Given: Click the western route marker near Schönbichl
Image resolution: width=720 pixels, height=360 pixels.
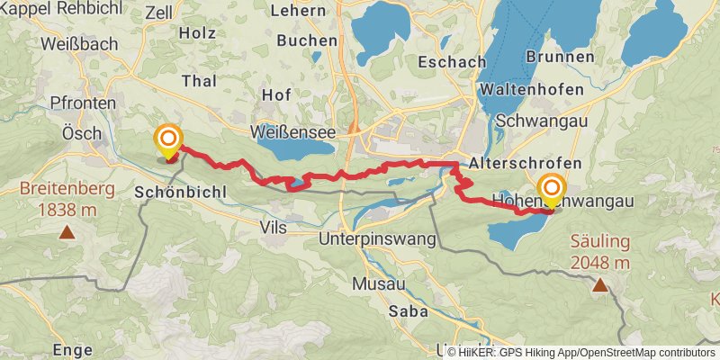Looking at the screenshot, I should coord(168,140).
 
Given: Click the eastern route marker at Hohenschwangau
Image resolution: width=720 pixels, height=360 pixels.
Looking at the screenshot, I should coord(550,190).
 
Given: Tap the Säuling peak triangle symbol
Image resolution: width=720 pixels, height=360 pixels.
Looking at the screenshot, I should coord(599,284).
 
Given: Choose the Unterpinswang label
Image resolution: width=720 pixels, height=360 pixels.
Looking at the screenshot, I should coord(377,239).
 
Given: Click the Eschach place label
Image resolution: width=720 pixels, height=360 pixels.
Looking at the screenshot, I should coord(453,62).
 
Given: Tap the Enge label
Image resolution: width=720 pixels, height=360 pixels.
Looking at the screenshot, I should coord(73,349).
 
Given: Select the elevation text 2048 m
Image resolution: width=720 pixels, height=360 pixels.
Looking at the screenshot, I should coord(599,263).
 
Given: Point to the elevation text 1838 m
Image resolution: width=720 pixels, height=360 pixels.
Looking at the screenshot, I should coord(67,209).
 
